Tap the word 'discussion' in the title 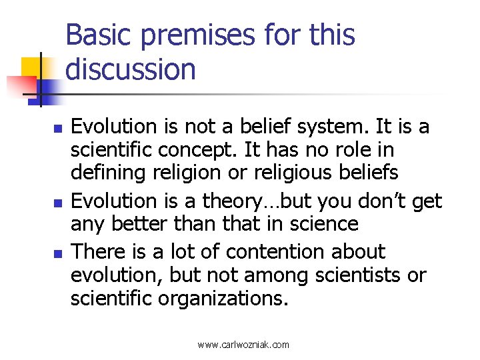pyautogui.click(x=131, y=69)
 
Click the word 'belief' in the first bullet pyautogui.click(x=262, y=125)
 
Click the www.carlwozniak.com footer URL pyautogui.click(x=243, y=345)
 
